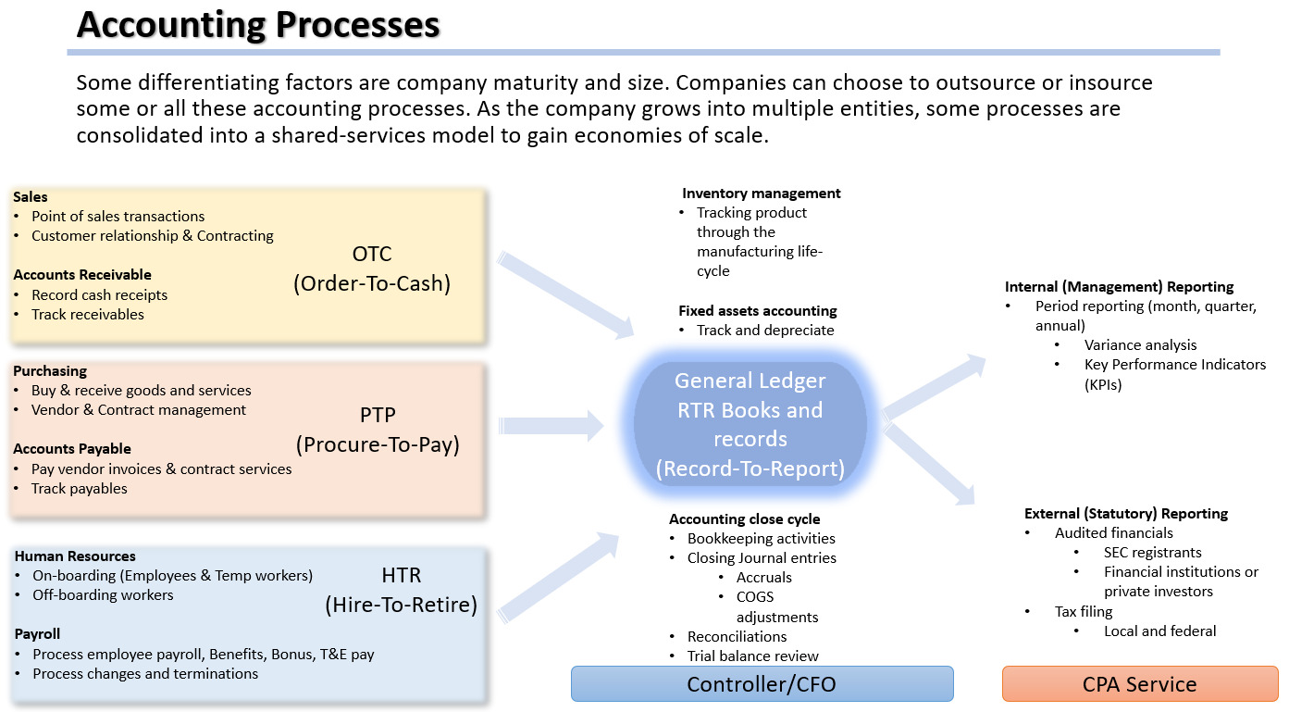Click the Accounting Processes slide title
257,25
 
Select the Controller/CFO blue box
762,684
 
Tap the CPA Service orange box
1139,684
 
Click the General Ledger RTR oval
750,424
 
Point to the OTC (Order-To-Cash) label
372,269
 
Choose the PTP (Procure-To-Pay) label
378,429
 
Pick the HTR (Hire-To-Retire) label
401,591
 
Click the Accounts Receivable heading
82,275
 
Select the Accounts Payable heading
72,449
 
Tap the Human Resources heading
75,556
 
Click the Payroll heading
38,634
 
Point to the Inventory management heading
761,194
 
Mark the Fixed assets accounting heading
757,311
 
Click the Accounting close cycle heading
744,519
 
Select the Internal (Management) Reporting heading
1119,287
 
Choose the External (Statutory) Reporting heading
1125,514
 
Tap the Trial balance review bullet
752,656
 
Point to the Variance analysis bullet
1140,345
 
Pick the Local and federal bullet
1159,631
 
